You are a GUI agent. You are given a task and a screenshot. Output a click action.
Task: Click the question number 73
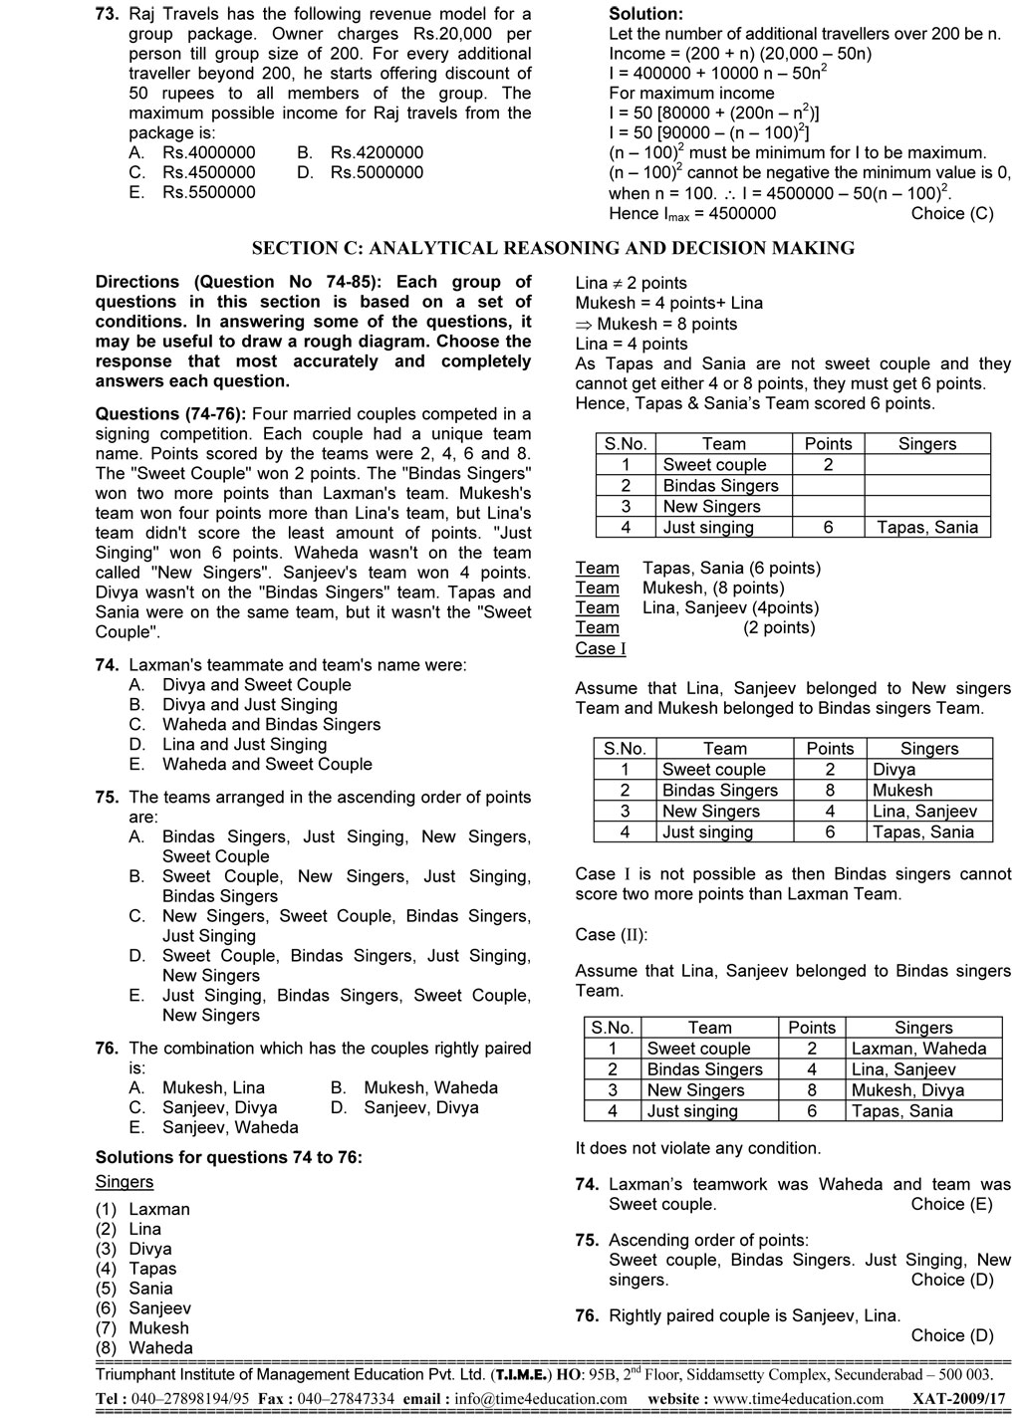coord(107,14)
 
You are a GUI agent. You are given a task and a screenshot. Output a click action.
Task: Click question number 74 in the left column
coord(107,665)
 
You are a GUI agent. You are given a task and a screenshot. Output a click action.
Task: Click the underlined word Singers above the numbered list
coord(125,1182)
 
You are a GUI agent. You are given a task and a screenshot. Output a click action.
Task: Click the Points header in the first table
coord(828,444)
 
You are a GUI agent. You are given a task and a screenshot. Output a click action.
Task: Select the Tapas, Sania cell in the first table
coord(926,528)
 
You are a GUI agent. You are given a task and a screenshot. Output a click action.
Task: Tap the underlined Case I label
coord(601,648)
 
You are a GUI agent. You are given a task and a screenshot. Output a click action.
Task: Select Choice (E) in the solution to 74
coord(951,1205)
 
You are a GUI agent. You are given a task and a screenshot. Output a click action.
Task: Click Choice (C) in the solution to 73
coord(951,213)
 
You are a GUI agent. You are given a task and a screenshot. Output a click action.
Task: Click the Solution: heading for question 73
coord(645,14)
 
